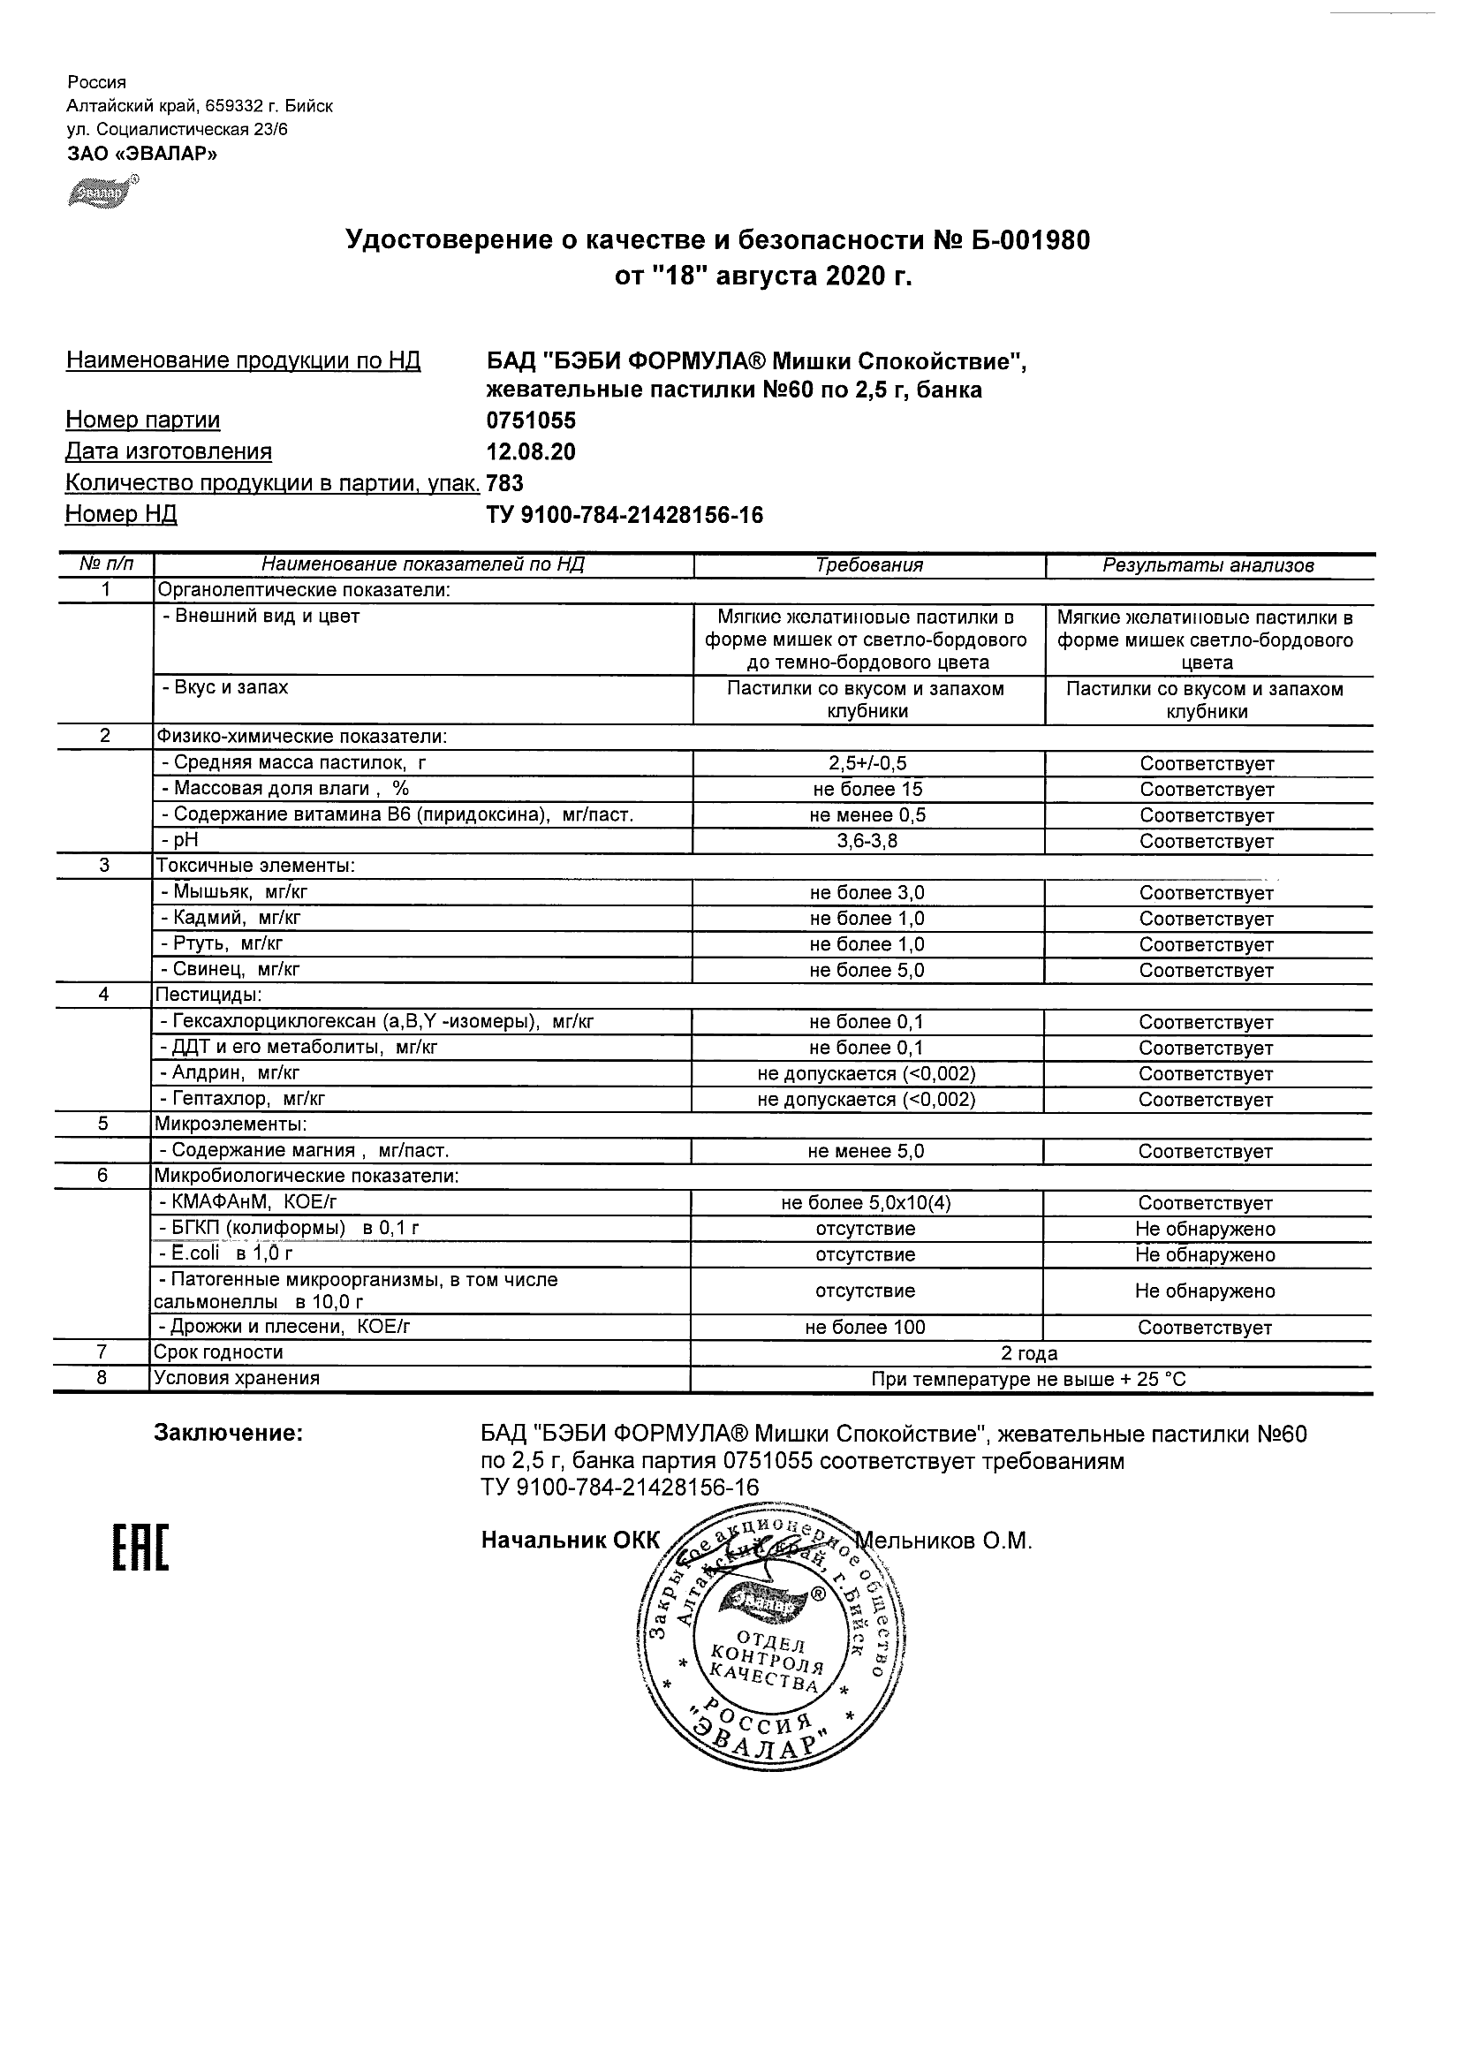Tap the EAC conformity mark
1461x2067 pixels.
point(140,1548)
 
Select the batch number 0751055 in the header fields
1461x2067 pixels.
point(531,420)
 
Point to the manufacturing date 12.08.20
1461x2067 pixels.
point(531,452)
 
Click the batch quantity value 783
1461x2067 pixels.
point(505,483)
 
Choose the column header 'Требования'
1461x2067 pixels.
point(868,565)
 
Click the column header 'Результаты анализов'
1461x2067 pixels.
point(1208,565)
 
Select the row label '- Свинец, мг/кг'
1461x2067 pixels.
point(231,970)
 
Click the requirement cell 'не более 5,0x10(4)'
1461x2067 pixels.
point(866,1203)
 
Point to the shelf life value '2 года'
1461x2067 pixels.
point(1029,1353)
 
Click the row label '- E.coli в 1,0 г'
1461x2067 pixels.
point(226,1254)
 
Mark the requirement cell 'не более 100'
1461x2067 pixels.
point(866,1327)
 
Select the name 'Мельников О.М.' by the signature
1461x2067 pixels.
point(945,1541)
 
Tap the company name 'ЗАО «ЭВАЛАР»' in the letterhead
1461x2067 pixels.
point(142,154)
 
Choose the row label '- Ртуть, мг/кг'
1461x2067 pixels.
point(222,943)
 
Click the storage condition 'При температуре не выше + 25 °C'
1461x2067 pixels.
point(1029,1379)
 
